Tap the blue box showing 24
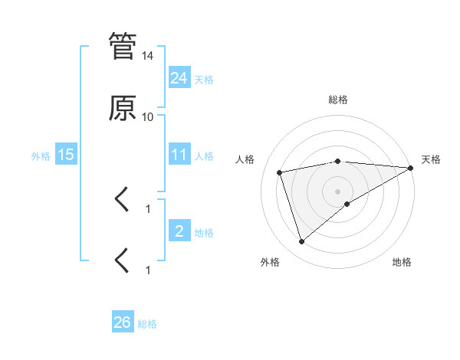coord(179,77)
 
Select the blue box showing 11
coord(179,155)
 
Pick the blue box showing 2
coord(179,231)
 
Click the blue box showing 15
coord(66,155)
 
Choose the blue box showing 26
coord(123,322)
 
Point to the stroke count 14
coord(148,56)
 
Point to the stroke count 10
coord(148,117)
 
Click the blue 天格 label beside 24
coord(204,79)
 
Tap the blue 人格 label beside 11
coord(204,156)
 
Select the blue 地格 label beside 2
coord(204,233)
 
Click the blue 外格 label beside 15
coord(41,156)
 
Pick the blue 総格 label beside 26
coord(147,324)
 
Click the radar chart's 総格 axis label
coord(338,100)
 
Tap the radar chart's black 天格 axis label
coord(431,159)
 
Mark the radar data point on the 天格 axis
coord(412,168)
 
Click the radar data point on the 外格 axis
coord(301,242)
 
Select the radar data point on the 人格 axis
coord(280,172)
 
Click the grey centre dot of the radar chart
coord(338,191)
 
